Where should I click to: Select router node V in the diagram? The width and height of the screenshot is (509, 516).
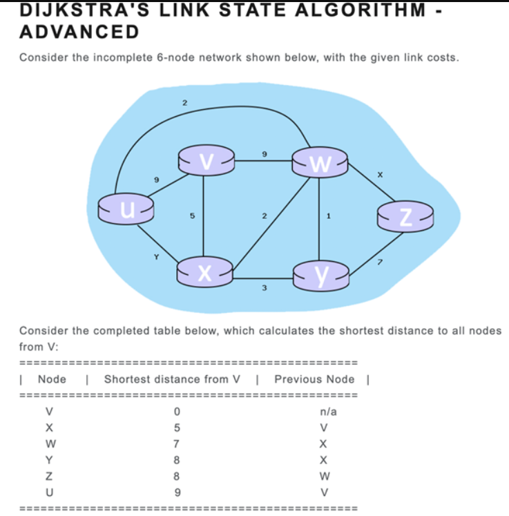(x=204, y=160)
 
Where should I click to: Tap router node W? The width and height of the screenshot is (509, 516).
(x=319, y=163)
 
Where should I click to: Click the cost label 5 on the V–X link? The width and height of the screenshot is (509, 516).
(x=192, y=216)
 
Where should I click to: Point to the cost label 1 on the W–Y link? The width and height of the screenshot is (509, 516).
(x=328, y=216)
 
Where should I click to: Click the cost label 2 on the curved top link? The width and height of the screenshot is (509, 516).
(x=184, y=103)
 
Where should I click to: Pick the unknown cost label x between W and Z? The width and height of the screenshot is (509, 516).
(x=379, y=175)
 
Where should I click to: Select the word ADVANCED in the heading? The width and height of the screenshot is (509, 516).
(x=79, y=32)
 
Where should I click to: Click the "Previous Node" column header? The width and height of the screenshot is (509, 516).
(x=314, y=379)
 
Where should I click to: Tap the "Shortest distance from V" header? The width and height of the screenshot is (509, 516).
(x=172, y=379)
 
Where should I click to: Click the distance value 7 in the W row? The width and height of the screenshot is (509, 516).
(x=176, y=443)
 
